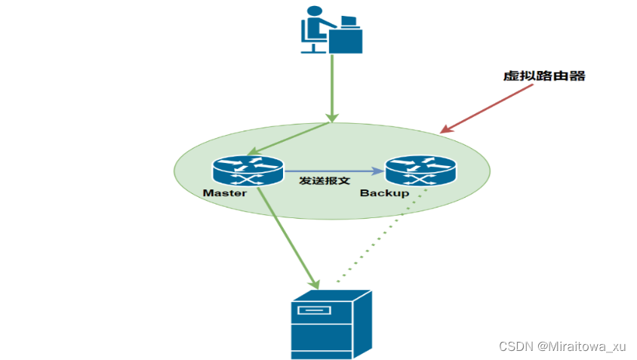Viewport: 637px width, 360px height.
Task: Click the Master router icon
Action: click(248, 171)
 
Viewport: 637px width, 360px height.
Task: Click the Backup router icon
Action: click(420, 171)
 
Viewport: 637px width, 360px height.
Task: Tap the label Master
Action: click(225, 193)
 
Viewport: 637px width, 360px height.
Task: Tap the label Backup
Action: click(384, 193)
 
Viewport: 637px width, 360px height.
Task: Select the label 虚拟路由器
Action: click(544, 76)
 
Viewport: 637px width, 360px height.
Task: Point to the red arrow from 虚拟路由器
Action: click(491, 108)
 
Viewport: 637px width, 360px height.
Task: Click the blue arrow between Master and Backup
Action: click(332, 171)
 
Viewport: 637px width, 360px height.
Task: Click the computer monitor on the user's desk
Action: click(349, 21)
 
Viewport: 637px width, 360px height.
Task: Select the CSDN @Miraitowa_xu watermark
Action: click(562, 346)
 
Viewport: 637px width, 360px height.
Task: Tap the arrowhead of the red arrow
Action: click(445, 131)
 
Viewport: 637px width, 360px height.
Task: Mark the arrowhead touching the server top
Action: click(315, 285)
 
